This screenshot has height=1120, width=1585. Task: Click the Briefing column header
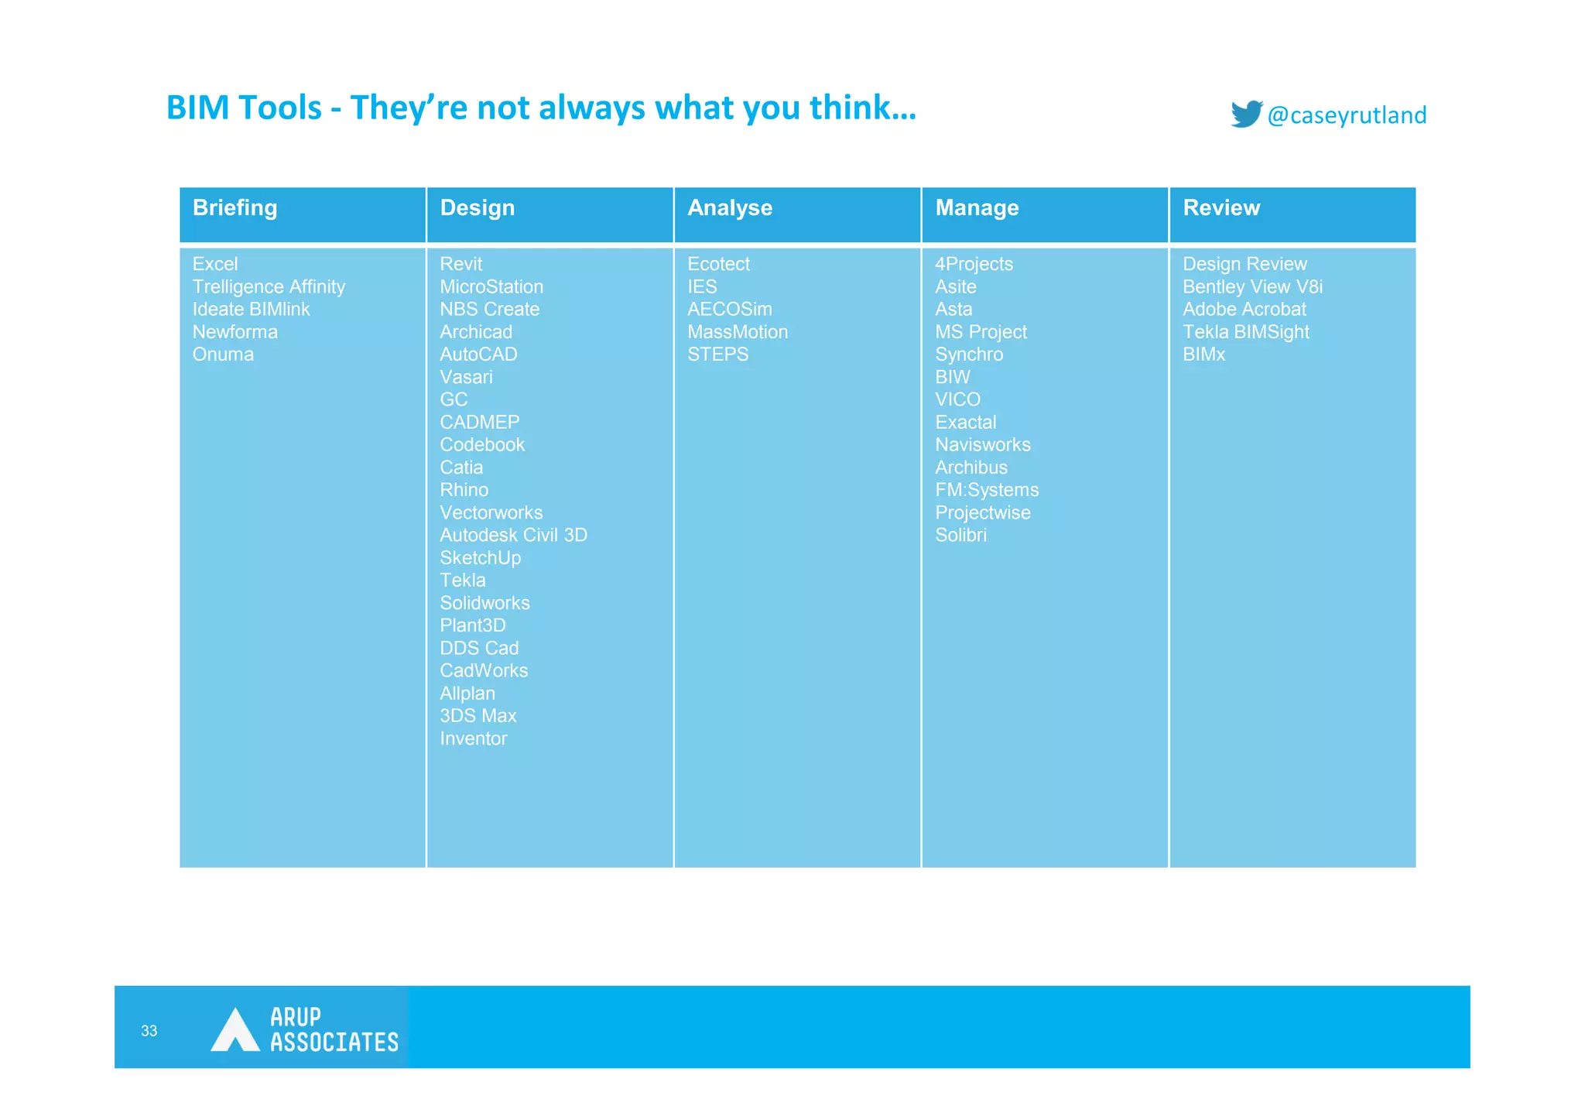(x=234, y=208)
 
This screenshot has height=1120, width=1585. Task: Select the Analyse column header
(x=729, y=208)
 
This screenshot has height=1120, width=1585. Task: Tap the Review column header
(x=1220, y=208)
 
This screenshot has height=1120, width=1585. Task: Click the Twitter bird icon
(x=1246, y=114)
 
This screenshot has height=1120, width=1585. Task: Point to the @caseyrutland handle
(x=1347, y=115)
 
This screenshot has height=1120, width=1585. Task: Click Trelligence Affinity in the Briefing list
(x=269, y=287)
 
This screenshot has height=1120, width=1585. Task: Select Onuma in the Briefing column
(x=223, y=354)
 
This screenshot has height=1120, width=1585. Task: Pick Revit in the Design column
(x=460, y=264)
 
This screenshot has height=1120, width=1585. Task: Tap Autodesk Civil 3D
(x=513, y=536)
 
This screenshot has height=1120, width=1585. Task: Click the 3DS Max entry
(x=478, y=716)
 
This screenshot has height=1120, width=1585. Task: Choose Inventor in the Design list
(x=473, y=738)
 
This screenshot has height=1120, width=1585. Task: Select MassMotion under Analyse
(x=737, y=332)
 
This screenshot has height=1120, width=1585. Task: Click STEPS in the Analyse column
(x=717, y=354)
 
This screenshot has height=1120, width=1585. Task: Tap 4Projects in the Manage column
(x=974, y=264)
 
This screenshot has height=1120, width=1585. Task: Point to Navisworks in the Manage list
(x=982, y=445)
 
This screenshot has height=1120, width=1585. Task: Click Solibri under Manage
(x=960, y=536)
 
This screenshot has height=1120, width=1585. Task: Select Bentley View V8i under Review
(x=1252, y=287)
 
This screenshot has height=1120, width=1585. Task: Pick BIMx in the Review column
(x=1203, y=354)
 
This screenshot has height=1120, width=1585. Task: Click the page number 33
(x=149, y=1031)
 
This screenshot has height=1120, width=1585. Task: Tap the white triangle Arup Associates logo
(x=234, y=1031)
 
